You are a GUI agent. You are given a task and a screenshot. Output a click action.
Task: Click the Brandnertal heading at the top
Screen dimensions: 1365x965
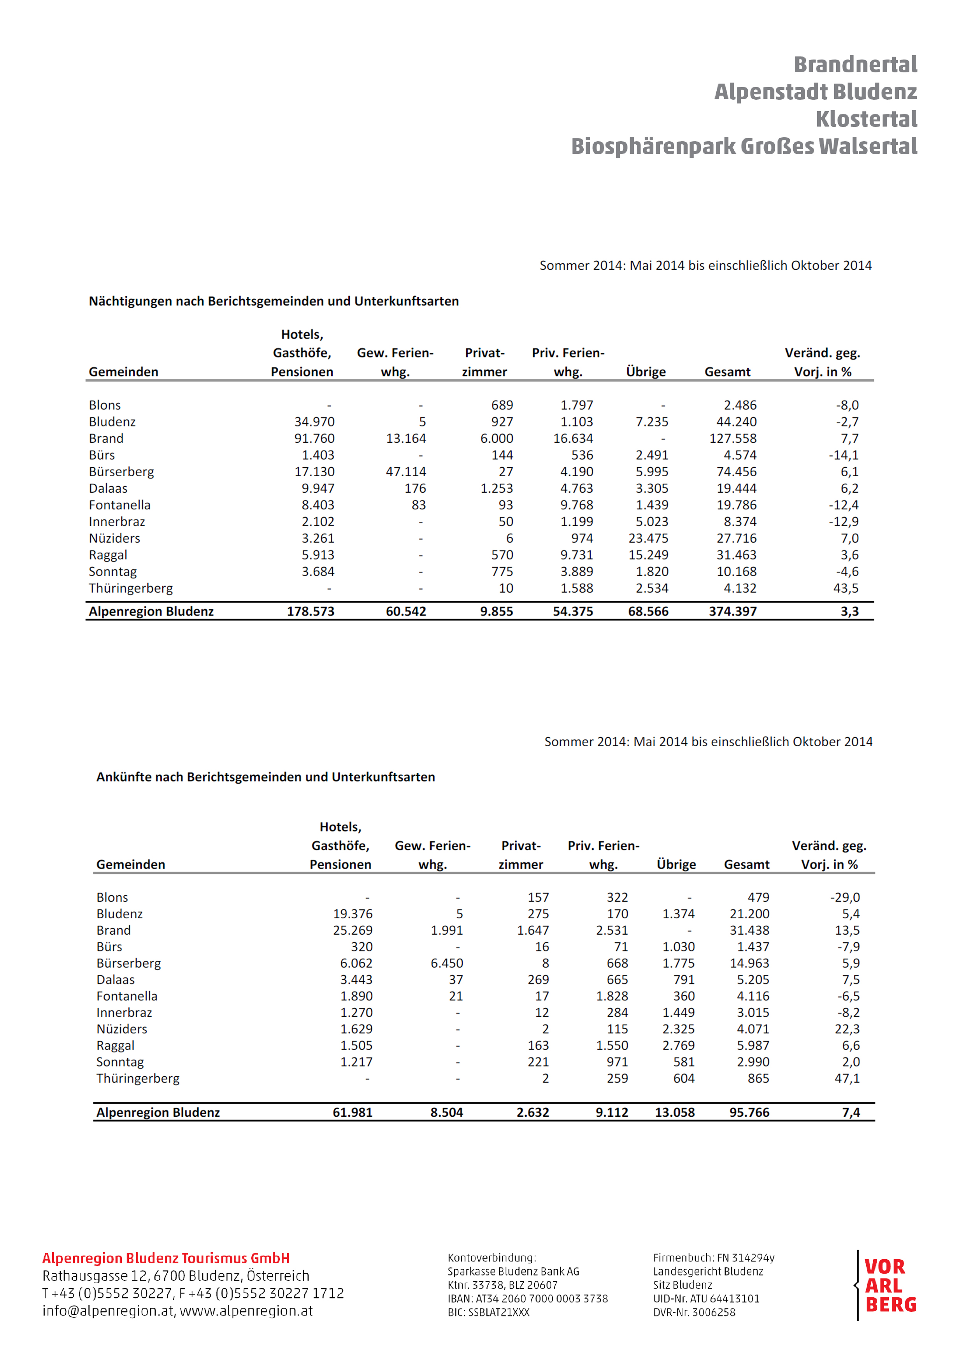[855, 64]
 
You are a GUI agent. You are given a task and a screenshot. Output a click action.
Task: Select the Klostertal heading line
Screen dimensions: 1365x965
[866, 119]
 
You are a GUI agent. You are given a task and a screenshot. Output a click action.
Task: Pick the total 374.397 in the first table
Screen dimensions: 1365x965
[733, 611]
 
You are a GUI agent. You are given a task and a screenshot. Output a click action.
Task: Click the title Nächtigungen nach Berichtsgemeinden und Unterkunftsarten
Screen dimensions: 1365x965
[274, 302]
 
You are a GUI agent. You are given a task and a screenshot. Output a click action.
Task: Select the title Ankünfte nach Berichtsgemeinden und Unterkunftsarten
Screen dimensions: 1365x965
[265, 777]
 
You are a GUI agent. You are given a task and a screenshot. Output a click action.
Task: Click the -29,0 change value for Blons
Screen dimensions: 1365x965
[845, 897]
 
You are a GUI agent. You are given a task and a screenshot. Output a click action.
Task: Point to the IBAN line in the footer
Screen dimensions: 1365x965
[527, 1299]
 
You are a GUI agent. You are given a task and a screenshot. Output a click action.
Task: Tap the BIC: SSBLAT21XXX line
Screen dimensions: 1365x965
[488, 1313]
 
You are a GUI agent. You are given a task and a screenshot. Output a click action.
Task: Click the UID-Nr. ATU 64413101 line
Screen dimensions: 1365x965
[706, 1299]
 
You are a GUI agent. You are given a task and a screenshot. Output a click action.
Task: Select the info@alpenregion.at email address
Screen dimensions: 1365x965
[108, 1311]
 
